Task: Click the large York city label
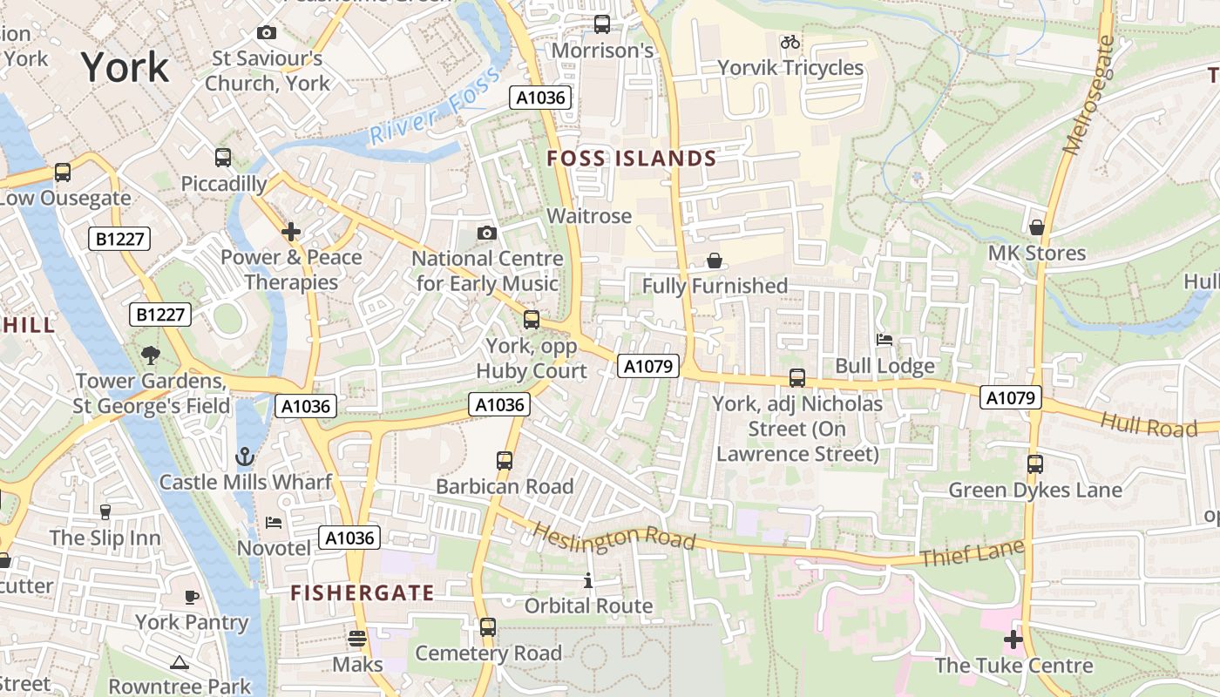pyautogui.click(x=125, y=67)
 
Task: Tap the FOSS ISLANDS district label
pyautogui.click(x=631, y=159)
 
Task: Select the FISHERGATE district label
pyautogui.click(x=362, y=593)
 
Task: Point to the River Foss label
pyautogui.click(x=435, y=106)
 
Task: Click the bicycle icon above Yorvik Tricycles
pyautogui.click(x=790, y=42)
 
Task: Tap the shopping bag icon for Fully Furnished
pyautogui.click(x=715, y=261)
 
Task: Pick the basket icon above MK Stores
pyautogui.click(x=1037, y=227)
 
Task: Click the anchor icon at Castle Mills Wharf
pyautogui.click(x=246, y=457)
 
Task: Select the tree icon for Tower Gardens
pyautogui.click(x=151, y=355)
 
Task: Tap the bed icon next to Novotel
pyautogui.click(x=274, y=523)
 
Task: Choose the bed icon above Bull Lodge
pyautogui.click(x=884, y=340)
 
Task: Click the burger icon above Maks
pyautogui.click(x=357, y=639)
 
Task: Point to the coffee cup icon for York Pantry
pyautogui.click(x=192, y=597)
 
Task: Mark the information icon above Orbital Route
pyautogui.click(x=588, y=580)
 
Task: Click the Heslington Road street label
pyautogui.click(x=613, y=536)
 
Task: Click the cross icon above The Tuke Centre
pyautogui.click(x=1013, y=640)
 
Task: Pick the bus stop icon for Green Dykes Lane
pyautogui.click(x=1035, y=464)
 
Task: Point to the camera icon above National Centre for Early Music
pyautogui.click(x=487, y=233)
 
